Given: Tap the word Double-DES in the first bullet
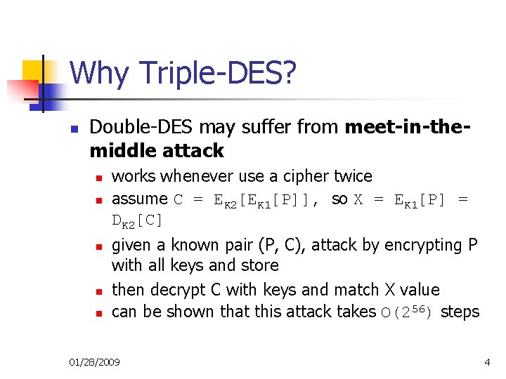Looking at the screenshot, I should tap(142, 127).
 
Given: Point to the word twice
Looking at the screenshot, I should tap(351, 175).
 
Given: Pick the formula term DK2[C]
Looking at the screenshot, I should tap(137, 220).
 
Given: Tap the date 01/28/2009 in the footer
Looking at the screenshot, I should tap(94, 362).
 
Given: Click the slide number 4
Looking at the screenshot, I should tap(487, 362).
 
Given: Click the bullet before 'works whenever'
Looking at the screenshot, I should tap(100, 178).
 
